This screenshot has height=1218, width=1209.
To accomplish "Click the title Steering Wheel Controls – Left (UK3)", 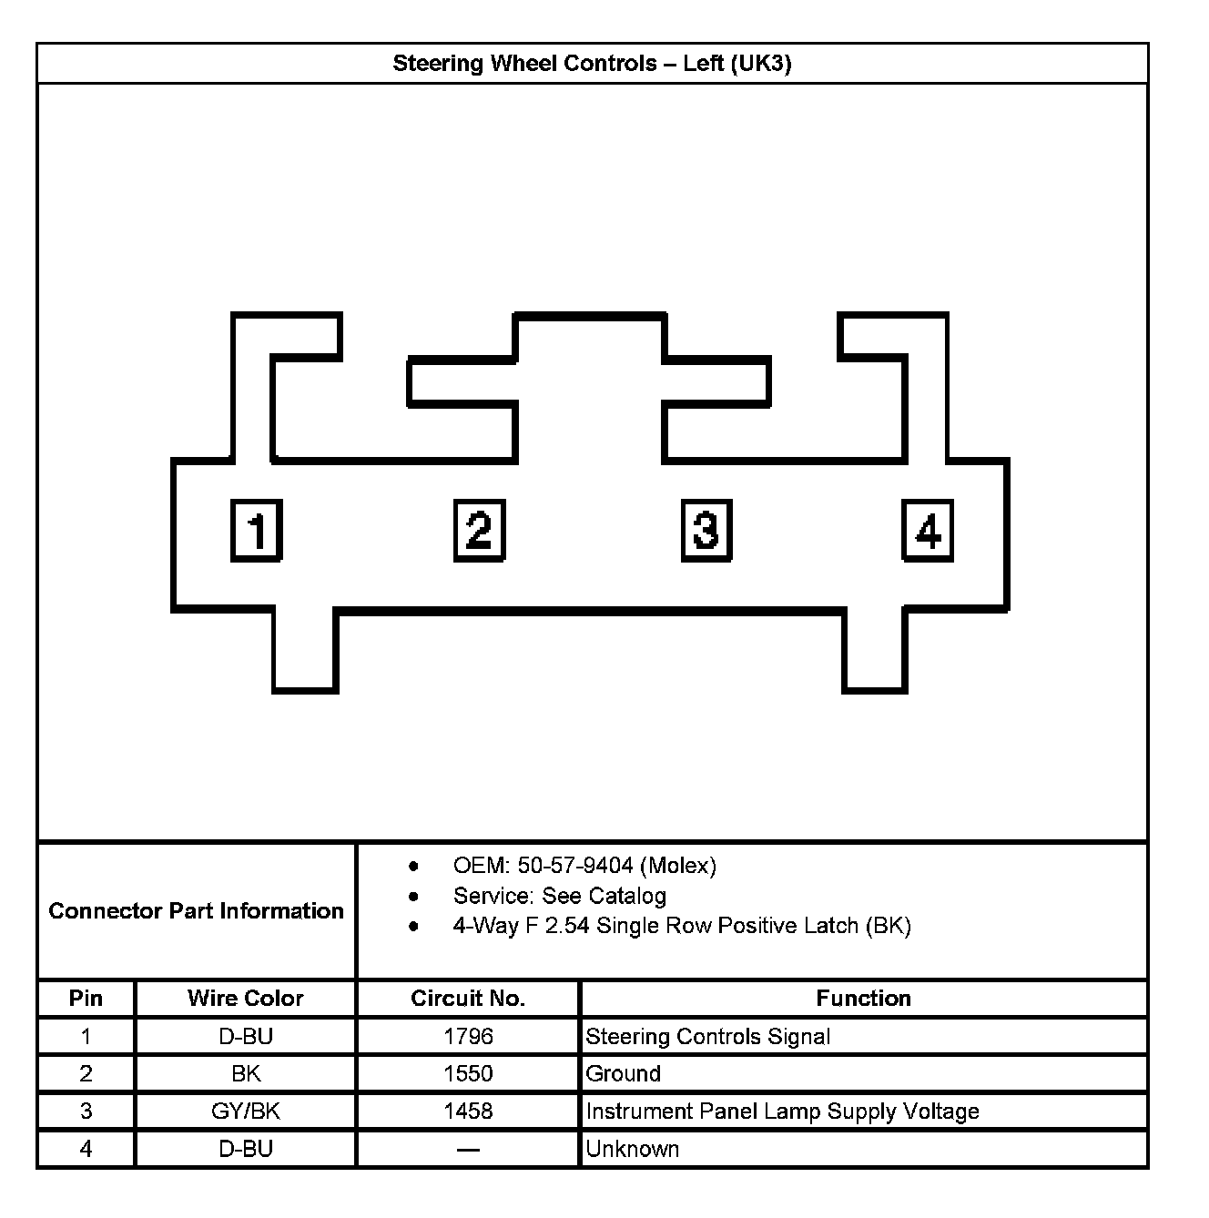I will tap(592, 64).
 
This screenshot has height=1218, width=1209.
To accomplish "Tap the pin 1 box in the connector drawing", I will tap(257, 530).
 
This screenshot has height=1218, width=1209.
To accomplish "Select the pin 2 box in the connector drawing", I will tap(479, 530).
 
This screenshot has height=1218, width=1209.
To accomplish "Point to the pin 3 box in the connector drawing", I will tap(706, 530).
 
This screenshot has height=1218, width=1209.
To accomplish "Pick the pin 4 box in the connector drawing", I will tap(928, 530).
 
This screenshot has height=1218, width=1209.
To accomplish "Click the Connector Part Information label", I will tap(197, 911).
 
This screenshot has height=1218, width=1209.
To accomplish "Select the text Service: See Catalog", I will tap(559, 896).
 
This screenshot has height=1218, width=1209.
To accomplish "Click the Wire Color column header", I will tap(245, 999).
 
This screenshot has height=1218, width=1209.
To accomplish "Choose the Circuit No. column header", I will tap(468, 999).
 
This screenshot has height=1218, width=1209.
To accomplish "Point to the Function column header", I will tap(863, 999).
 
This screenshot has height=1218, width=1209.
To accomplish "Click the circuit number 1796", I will tap(468, 1036).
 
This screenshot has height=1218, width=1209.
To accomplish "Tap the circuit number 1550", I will tap(468, 1073).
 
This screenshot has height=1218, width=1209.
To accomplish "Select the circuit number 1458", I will tap(468, 1111).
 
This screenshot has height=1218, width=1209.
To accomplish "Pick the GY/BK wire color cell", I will tap(245, 1111).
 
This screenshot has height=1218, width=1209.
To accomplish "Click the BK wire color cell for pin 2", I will tap(245, 1073).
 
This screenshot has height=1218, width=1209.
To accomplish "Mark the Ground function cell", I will tap(623, 1073).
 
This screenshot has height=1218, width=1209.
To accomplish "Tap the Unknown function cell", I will tap(633, 1149).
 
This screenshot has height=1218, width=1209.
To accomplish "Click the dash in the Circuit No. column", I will tap(468, 1150).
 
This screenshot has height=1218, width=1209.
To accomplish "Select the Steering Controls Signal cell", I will tap(707, 1036).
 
